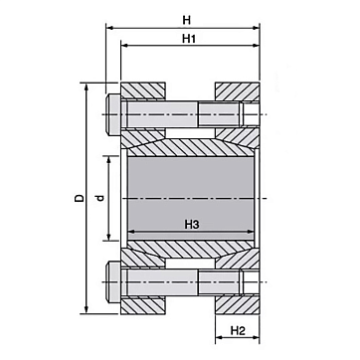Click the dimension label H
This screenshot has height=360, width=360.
187,20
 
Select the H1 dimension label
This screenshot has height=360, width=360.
188,39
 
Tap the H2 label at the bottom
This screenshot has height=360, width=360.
238,330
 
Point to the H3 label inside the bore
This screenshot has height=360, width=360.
192,225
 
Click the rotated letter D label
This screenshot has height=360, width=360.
79,198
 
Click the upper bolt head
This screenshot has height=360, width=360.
113,114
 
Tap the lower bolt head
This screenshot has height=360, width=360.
113,281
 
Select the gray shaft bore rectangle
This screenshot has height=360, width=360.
191,198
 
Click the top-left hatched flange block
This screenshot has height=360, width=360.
143,90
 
